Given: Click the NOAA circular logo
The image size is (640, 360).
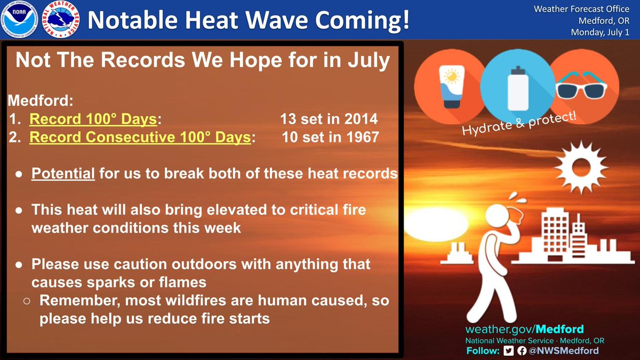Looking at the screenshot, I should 20,20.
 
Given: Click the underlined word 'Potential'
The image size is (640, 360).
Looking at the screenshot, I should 63,174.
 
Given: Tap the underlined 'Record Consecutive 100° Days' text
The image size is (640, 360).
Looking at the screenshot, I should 140,137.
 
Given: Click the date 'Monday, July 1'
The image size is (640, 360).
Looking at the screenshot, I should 600,33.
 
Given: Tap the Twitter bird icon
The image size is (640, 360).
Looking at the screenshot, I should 509,350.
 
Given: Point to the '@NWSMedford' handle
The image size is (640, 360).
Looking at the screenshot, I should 564,350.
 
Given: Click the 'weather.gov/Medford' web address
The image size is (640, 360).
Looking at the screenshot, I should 524,329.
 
